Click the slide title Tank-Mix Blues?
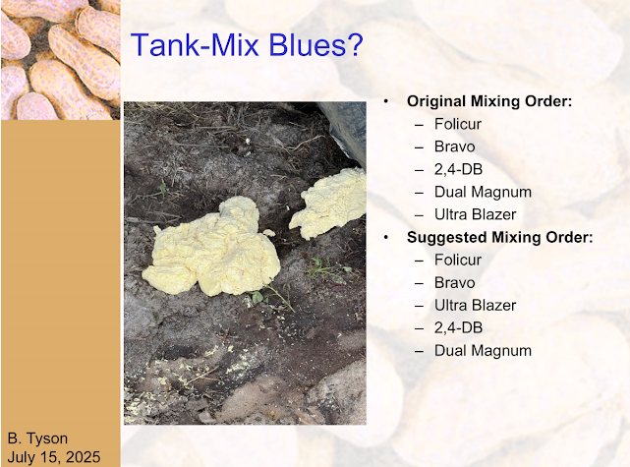[247, 44]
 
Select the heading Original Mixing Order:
[489, 101]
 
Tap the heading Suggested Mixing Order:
[500, 237]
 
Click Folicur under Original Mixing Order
[458, 124]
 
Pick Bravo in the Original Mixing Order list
[454, 146]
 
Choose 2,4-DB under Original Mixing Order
[458, 170]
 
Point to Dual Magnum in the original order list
[483, 192]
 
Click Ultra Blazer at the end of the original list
[476, 214]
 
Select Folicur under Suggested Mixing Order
[458, 260]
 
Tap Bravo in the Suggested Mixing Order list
[454, 283]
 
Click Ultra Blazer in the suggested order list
[476, 306]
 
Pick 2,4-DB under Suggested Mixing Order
[458, 328]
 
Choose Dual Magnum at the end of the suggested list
[483, 351]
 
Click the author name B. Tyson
[37, 438]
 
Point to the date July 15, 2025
[54, 457]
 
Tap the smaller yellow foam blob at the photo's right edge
[328, 203]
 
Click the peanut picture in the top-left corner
[60, 59]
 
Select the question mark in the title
[355, 44]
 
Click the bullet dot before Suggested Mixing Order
[385, 238]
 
